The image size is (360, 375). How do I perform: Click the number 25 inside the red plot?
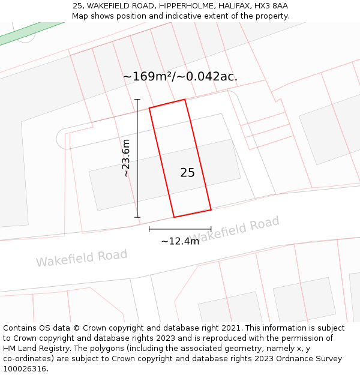[187, 173]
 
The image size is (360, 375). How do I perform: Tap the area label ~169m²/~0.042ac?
[180, 77]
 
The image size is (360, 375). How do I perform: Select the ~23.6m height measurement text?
[126, 158]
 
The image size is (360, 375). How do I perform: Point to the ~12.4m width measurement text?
[180, 241]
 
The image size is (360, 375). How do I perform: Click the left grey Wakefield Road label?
[82, 258]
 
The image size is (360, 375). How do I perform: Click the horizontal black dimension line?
[180, 229]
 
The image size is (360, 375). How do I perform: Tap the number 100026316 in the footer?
[24, 368]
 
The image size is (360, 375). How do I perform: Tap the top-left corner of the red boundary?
[149, 108]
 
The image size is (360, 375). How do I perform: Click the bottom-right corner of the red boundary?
[211, 209]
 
